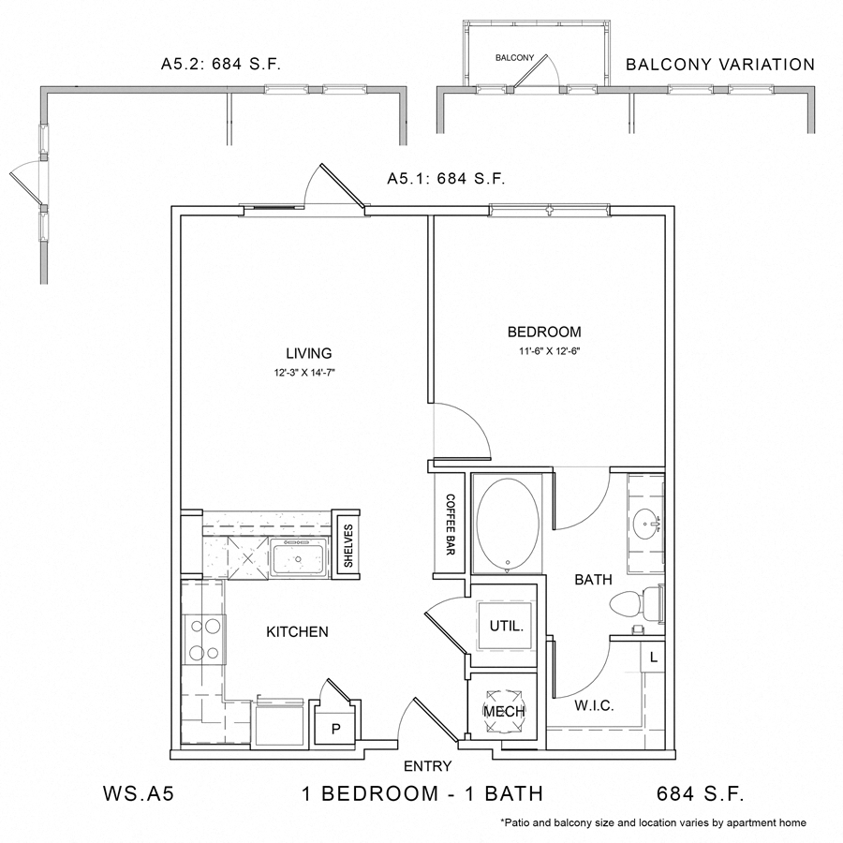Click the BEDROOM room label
[x=543, y=332]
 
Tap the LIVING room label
[x=309, y=353]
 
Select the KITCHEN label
[x=297, y=632]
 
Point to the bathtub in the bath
[x=508, y=525]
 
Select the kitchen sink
[x=297, y=561]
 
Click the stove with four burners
[x=205, y=638]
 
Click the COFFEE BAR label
[x=450, y=525]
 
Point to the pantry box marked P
[x=333, y=727]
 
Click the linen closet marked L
[x=653, y=658]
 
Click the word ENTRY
[x=427, y=766]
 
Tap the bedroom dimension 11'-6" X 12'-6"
[x=544, y=353]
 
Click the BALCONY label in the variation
[x=514, y=58]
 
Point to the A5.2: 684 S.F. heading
[x=222, y=65]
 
